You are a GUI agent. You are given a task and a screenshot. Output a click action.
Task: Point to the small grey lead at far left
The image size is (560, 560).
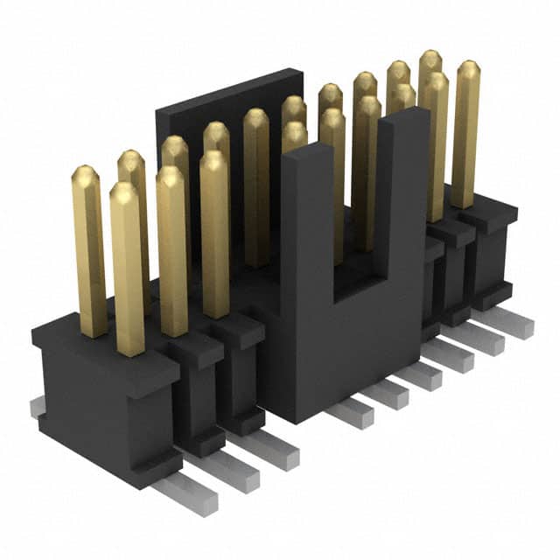pyautogui.click(x=36, y=406)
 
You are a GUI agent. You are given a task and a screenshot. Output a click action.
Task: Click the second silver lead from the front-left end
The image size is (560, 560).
pyautogui.click(x=232, y=473)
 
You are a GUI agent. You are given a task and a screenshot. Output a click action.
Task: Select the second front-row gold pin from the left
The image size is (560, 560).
pyautogui.click(x=172, y=254)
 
